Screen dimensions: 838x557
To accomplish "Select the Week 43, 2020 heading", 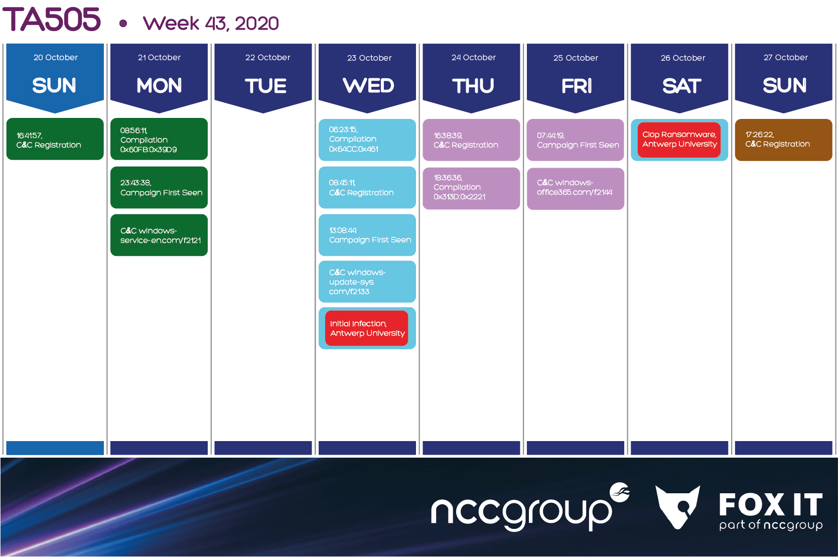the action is (x=211, y=23).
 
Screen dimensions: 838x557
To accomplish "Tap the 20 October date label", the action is (x=55, y=57).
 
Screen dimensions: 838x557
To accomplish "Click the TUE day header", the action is (x=265, y=86).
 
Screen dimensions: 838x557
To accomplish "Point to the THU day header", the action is (x=473, y=86).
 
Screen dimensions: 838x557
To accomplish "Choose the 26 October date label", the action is (x=683, y=58).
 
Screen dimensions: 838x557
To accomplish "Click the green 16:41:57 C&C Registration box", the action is (x=55, y=139).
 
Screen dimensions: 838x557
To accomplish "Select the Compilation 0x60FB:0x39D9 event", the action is (x=159, y=139).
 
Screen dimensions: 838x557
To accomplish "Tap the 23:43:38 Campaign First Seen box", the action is (x=159, y=187).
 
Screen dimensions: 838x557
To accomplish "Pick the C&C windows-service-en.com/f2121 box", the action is (x=159, y=235).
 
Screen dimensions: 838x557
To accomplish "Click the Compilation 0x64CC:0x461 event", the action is (x=367, y=140).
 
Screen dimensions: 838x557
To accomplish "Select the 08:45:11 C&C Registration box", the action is (x=367, y=187).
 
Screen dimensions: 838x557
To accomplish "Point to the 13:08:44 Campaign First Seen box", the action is (x=367, y=235).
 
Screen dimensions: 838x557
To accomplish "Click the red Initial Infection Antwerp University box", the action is (x=367, y=328).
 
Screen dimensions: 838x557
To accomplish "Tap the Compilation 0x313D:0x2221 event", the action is (x=471, y=188).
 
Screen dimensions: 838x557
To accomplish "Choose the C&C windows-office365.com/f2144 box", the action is (x=576, y=189).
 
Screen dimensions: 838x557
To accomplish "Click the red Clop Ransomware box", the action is (x=679, y=140).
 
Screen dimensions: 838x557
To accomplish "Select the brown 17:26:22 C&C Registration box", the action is (x=783, y=140).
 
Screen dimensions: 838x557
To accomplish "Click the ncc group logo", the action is (x=530, y=507).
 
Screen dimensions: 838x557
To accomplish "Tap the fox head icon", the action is (x=677, y=507).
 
